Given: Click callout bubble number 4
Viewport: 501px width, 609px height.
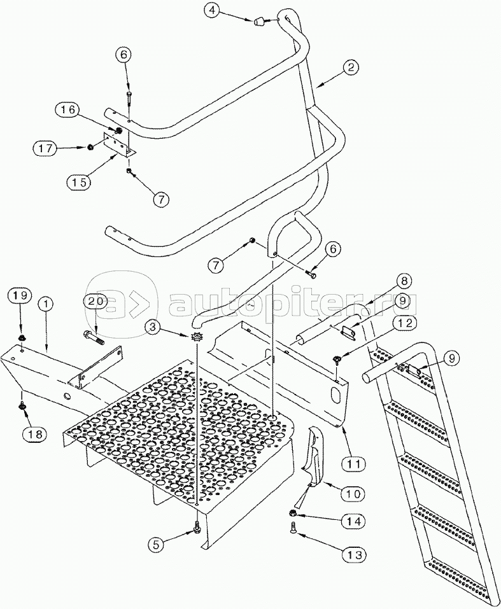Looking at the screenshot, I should [x=213, y=11].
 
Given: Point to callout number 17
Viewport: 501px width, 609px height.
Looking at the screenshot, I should [x=43, y=148].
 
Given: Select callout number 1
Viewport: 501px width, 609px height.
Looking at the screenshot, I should [x=46, y=304].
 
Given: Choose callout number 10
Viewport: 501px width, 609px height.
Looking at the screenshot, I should [x=355, y=493].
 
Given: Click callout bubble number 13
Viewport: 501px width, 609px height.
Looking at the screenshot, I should [x=356, y=555].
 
